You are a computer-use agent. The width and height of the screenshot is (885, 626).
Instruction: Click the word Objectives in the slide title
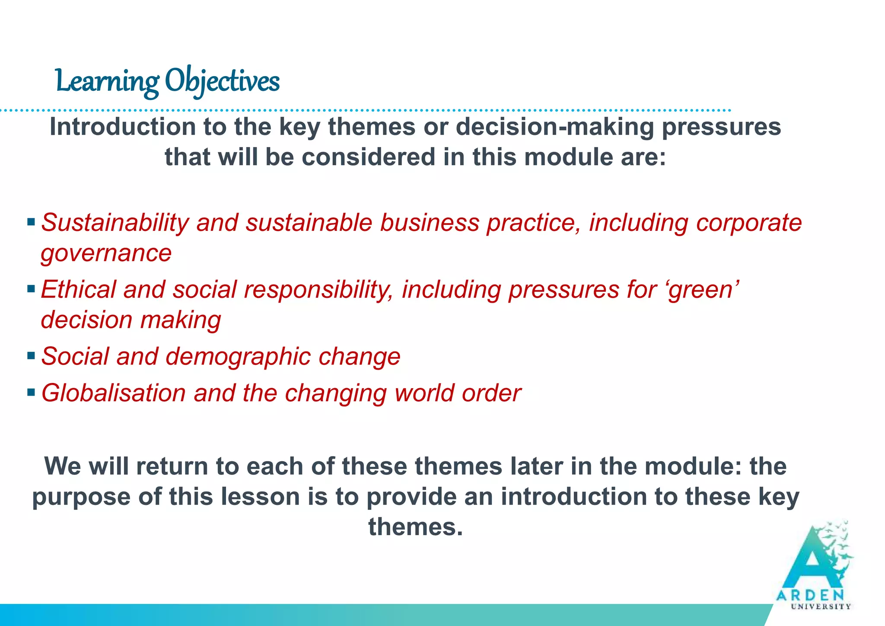222,81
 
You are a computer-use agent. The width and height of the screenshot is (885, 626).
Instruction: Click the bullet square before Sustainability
31,222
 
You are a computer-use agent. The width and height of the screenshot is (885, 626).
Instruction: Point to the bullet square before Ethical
31,288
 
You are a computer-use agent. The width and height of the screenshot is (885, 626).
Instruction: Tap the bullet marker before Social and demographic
31,356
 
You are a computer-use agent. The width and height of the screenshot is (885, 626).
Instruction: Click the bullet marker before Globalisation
31,393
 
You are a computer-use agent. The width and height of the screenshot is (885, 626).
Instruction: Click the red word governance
106,253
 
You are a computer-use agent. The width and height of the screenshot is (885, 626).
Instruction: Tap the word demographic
238,357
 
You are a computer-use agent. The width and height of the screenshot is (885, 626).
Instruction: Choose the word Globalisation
113,393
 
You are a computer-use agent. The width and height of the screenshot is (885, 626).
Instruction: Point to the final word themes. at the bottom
415,527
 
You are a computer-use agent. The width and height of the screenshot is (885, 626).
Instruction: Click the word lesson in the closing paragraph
261,496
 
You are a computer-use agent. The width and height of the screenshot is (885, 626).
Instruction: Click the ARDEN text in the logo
810,595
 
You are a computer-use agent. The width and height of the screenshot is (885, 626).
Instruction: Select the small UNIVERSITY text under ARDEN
821,607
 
